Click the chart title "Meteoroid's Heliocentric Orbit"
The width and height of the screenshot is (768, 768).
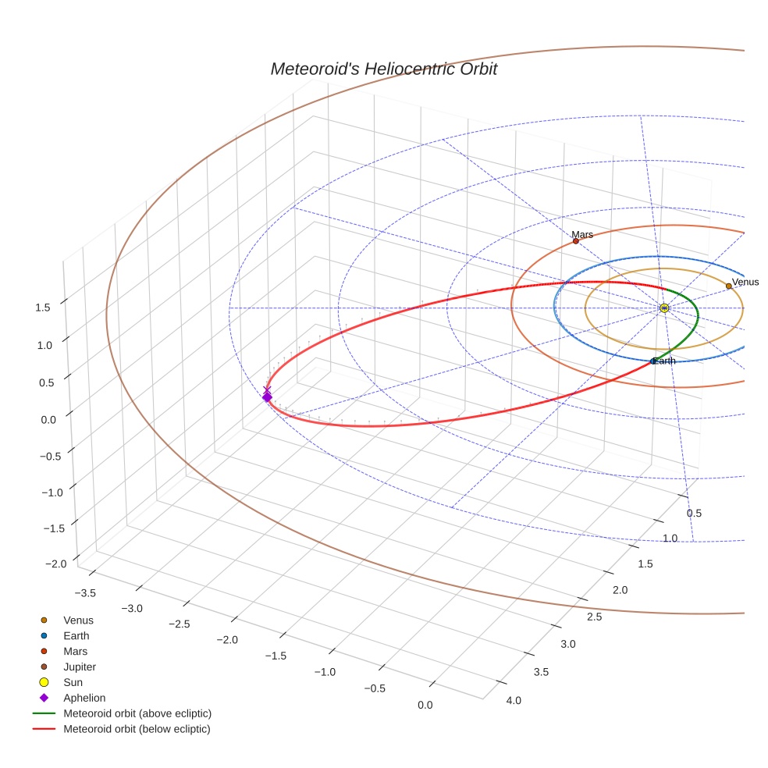tap(383, 69)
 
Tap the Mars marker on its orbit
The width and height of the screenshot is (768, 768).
tap(576, 241)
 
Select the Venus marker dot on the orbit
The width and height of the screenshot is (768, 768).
tap(729, 286)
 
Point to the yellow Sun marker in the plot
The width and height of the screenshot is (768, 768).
tap(664, 308)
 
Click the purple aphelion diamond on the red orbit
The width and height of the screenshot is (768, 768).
tap(267, 397)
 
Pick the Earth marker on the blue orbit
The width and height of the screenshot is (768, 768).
tap(653, 361)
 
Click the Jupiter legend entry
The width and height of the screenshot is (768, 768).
tap(79, 667)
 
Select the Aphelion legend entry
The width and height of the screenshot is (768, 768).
tap(84, 698)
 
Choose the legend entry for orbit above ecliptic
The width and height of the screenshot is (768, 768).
tap(137, 713)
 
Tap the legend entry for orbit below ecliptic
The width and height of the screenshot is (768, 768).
tap(137, 729)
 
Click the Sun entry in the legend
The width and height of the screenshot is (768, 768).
tap(73, 682)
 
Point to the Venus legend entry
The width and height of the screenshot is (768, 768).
tap(78, 620)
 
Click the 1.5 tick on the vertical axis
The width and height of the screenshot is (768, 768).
tap(42, 307)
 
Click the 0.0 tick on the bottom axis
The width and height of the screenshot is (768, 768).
tap(425, 705)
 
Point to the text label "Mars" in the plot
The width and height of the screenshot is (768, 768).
tap(582, 234)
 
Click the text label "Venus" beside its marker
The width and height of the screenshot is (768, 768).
tap(745, 282)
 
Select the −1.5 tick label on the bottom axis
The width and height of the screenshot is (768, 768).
tap(276, 656)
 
